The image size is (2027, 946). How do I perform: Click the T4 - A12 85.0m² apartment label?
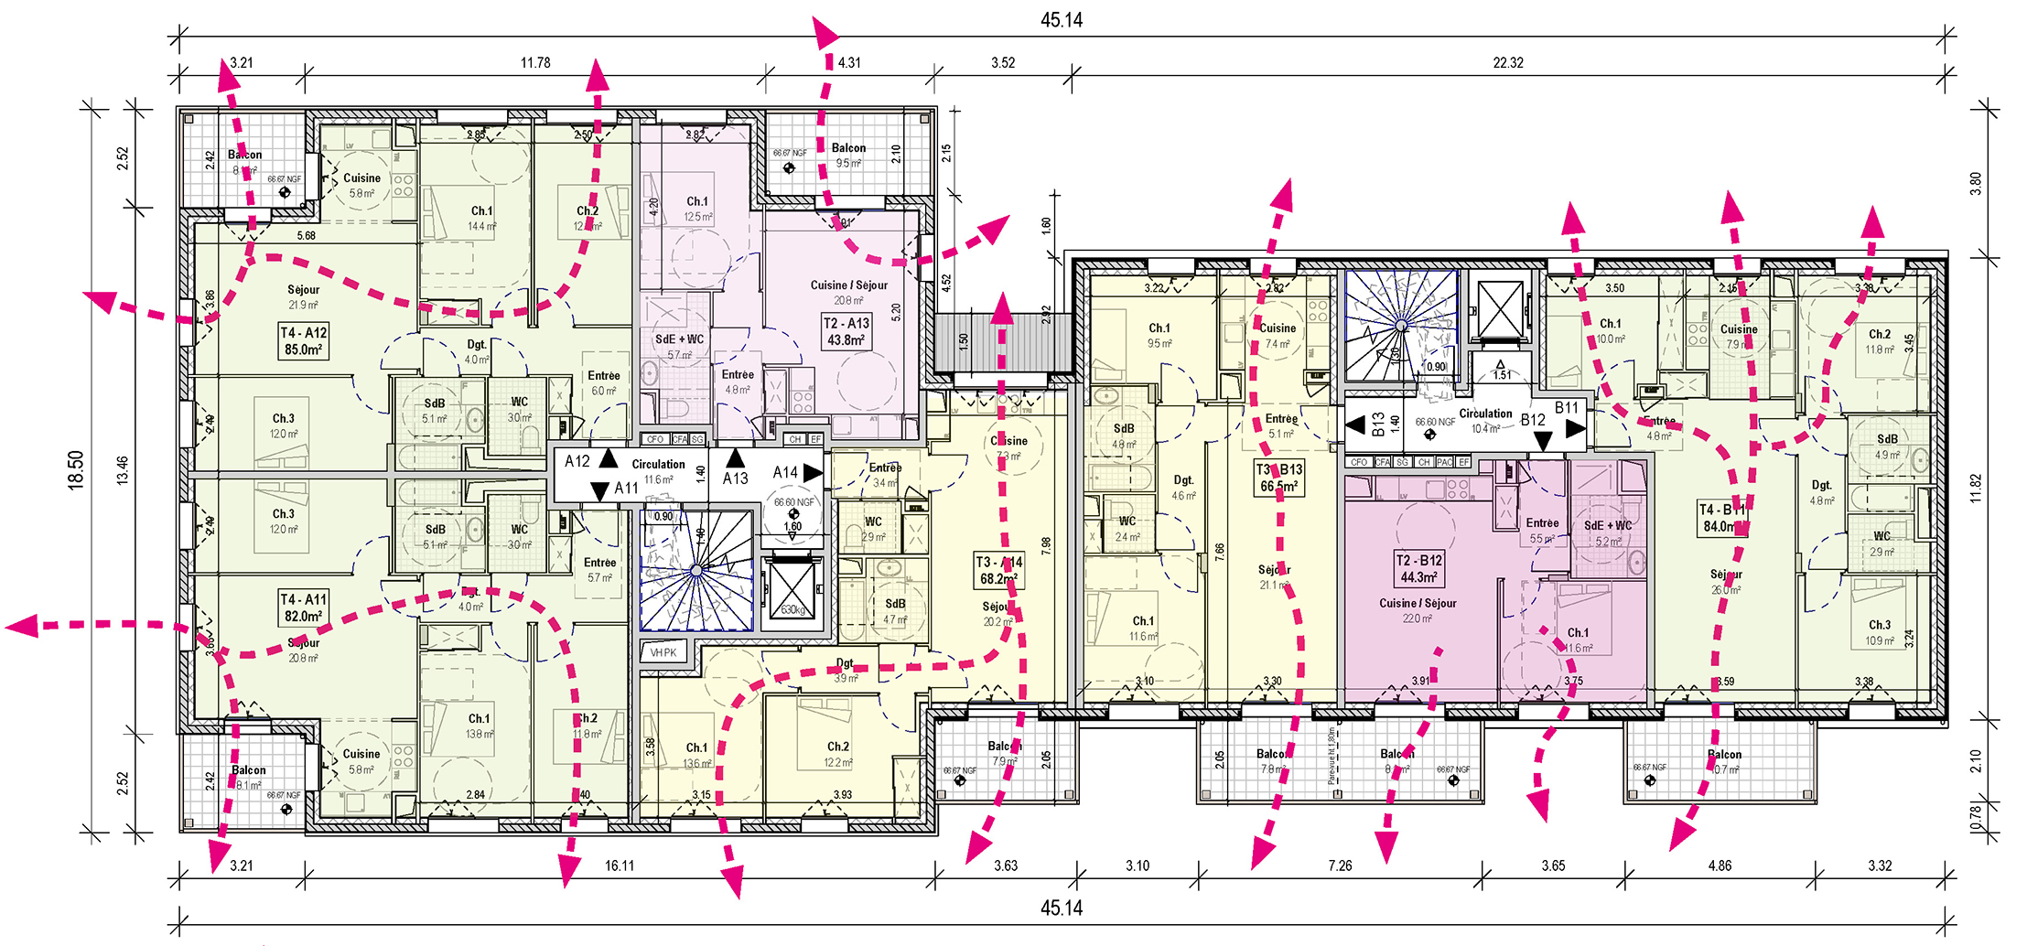click(x=304, y=341)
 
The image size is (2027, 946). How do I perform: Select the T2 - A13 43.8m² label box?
click(x=846, y=331)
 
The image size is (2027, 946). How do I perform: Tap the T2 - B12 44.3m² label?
click(x=1418, y=568)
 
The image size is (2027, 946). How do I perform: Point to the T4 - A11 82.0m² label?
click(x=303, y=607)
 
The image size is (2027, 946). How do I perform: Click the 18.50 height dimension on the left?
click(x=75, y=470)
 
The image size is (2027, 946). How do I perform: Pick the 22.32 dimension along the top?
click(x=1508, y=63)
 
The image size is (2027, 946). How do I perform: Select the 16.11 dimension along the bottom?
click(x=620, y=865)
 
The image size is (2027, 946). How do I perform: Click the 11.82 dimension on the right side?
click(x=1975, y=488)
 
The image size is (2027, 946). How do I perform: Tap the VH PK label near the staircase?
click(x=663, y=652)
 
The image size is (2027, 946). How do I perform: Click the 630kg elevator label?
click(x=792, y=609)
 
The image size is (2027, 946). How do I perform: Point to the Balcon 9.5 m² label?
click(x=848, y=156)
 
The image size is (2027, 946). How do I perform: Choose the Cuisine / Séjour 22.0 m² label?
click(x=1418, y=610)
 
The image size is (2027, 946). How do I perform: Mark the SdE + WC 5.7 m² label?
click(x=679, y=347)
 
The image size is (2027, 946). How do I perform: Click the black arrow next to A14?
click(x=813, y=472)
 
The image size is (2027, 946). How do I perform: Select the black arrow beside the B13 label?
click(x=1355, y=425)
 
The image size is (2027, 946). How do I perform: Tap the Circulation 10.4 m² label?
click(x=1485, y=421)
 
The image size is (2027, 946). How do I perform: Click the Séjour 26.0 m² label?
click(x=1726, y=582)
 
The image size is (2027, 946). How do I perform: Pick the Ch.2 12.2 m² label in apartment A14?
click(x=837, y=754)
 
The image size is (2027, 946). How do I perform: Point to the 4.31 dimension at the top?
click(x=849, y=63)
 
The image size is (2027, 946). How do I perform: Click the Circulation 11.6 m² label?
click(x=658, y=471)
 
